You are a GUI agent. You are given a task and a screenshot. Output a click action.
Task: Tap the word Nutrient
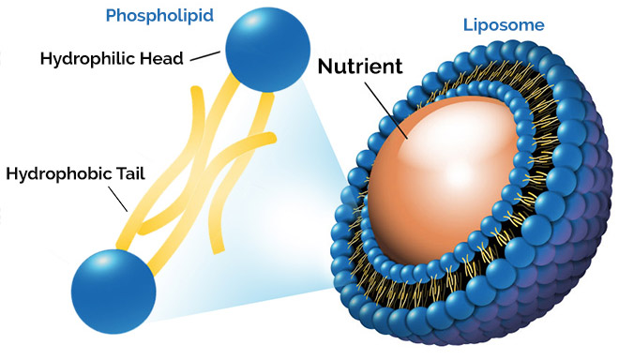(x=360, y=67)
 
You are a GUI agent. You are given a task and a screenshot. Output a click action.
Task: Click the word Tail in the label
(x=124, y=173)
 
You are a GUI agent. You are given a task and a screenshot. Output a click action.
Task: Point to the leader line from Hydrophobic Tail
(x=119, y=198)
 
